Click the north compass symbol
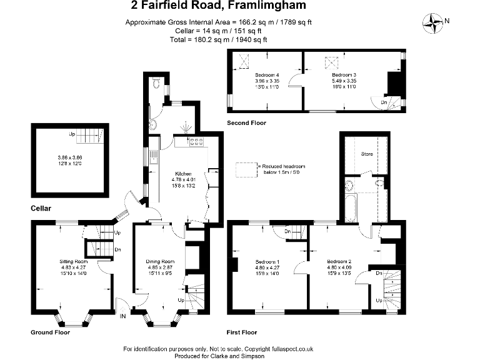[x=432, y=22]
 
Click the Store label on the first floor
[x=367, y=153]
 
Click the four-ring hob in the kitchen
[x=197, y=142]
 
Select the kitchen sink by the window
[x=152, y=161]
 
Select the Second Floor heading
[x=246, y=123]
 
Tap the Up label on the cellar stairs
[x=72, y=134]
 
